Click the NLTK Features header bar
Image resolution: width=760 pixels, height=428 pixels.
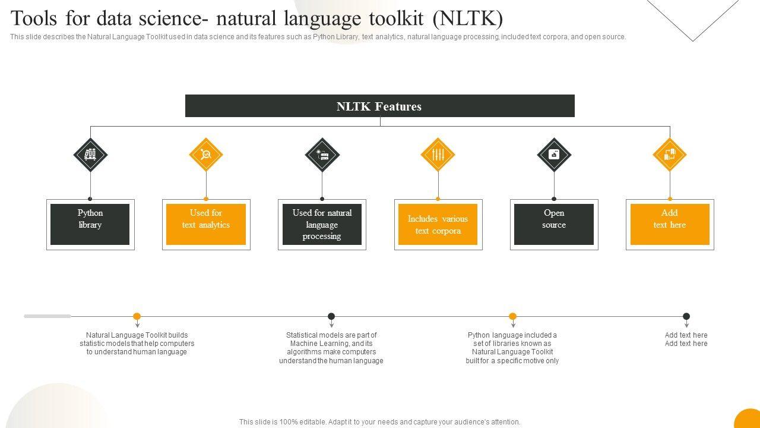point(379,106)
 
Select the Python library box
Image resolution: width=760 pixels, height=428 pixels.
point(90,224)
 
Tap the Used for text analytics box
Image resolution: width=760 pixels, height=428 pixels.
point(206,224)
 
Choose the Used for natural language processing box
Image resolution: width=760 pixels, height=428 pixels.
point(322,224)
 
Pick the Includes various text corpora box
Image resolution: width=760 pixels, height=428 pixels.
point(438,224)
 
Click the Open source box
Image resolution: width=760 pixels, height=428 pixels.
point(554,224)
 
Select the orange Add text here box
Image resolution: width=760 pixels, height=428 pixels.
point(670,224)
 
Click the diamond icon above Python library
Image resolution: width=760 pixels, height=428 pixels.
point(90,155)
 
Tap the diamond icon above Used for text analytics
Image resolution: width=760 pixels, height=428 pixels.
point(206,155)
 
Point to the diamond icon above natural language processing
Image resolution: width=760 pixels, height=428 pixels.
point(322,155)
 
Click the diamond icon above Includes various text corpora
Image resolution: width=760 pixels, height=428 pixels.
point(438,155)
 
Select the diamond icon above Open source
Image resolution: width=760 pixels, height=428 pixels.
point(554,155)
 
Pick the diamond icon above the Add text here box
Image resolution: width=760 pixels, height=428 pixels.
point(670,155)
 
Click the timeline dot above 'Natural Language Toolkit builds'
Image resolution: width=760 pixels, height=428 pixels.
point(137,316)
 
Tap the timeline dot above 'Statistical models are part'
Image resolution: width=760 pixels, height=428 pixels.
point(331,316)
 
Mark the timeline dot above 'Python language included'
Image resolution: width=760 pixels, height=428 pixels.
point(512,316)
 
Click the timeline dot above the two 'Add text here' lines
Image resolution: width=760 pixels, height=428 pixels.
point(686,316)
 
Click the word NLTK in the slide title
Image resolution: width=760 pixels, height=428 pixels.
point(468,19)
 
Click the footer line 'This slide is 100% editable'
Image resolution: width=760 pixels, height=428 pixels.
point(379,422)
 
